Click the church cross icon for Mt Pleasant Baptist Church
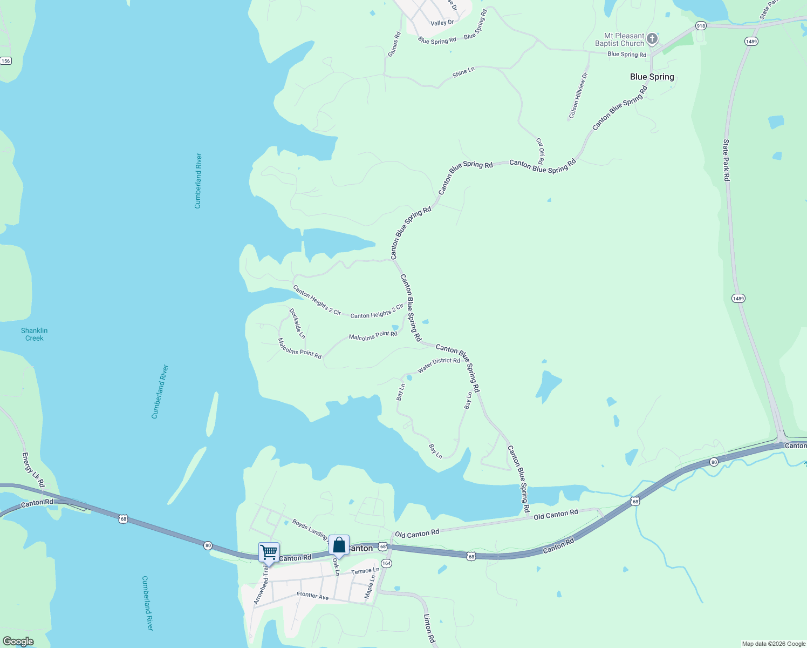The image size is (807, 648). (652, 39)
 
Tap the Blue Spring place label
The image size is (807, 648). (652, 77)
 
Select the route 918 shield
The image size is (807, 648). (700, 26)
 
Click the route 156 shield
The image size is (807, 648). (5, 61)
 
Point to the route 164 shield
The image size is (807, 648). (386, 563)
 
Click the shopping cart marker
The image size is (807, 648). (269, 552)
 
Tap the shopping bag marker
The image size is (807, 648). (339, 545)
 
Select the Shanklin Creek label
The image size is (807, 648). (35, 334)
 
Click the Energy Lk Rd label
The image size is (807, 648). (33, 470)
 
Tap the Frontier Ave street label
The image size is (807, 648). (313, 596)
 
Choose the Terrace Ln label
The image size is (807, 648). (365, 571)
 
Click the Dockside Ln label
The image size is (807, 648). (297, 323)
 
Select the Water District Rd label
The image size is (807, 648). (439, 365)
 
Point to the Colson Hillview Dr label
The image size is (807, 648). (578, 96)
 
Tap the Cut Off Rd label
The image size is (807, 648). (540, 151)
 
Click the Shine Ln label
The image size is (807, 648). (463, 72)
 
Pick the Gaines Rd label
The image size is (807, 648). (394, 44)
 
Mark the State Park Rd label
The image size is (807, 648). (726, 160)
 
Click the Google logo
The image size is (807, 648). (18, 642)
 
